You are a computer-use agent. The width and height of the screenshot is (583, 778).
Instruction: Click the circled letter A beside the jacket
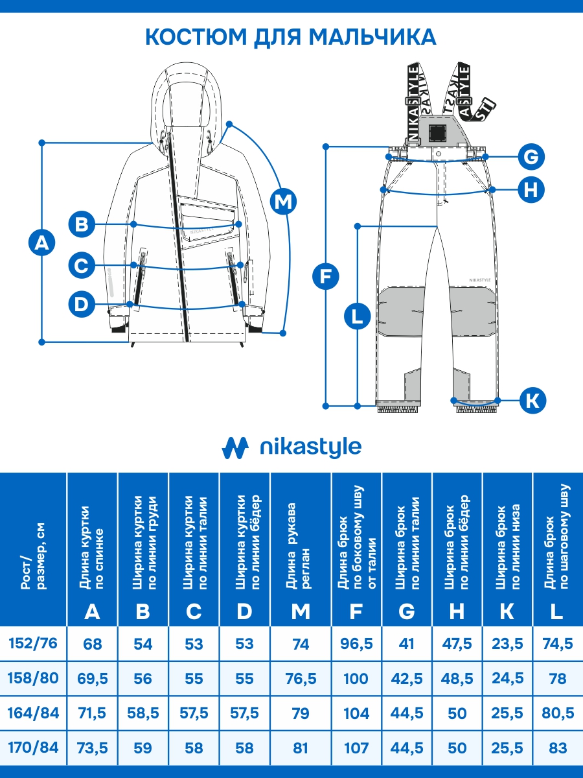tap(42, 243)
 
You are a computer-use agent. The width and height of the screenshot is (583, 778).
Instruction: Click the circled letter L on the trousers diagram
tap(357, 317)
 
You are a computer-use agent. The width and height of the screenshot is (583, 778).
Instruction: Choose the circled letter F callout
tap(325, 277)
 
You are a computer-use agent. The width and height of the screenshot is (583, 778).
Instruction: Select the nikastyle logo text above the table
tap(310, 447)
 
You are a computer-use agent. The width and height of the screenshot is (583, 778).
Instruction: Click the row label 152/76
tap(33, 644)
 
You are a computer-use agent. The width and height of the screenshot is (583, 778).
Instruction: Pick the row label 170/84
tap(33, 748)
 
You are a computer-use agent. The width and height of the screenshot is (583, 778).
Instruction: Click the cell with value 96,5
tap(356, 644)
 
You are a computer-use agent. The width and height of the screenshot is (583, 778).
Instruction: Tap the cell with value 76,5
tap(301, 679)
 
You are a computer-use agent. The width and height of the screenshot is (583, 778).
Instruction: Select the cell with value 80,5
tap(557, 713)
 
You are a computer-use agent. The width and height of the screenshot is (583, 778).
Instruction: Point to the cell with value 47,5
tap(457, 644)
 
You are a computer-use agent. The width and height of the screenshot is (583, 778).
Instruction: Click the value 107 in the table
tap(356, 748)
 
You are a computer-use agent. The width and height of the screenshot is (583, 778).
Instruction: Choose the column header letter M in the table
tap(301, 611)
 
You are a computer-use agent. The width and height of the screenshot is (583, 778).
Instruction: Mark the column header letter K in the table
tap(507, 611)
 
